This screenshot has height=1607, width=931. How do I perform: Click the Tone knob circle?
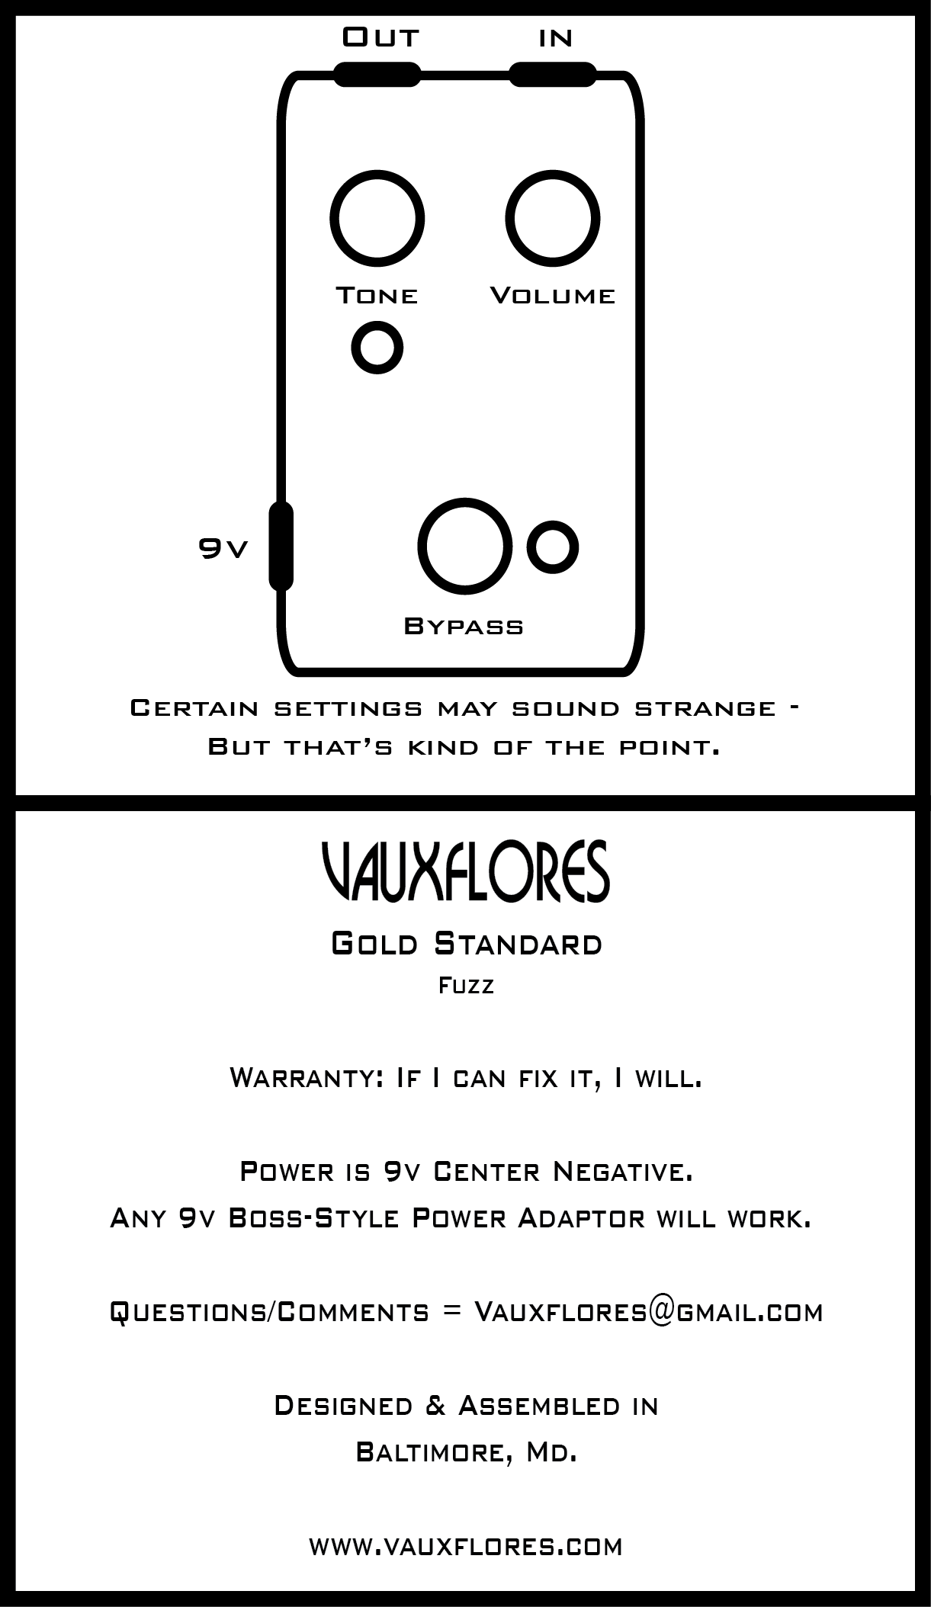point(377,219)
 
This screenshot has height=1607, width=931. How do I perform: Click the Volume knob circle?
point(553,219)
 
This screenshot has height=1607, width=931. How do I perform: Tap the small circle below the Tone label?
point(377,348)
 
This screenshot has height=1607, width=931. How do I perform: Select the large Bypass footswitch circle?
point(464,547)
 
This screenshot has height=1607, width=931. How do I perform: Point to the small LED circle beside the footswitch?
point(553,547)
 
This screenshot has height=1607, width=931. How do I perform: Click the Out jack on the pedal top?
point(377,74)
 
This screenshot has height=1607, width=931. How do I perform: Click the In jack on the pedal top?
point(552,74)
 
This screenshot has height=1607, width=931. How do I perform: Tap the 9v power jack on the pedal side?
point(281,546)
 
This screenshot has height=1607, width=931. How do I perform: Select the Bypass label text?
point(464,627)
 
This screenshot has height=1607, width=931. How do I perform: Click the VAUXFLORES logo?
point(465,872)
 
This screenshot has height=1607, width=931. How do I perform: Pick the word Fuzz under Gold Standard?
point(466,986)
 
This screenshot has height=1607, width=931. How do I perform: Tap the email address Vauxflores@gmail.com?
point(648,1312)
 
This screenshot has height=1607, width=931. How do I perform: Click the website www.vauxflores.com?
point(466,1547)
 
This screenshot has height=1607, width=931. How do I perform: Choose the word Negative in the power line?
point(623,1171)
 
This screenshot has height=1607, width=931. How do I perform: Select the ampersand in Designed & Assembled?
point(435,1405)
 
